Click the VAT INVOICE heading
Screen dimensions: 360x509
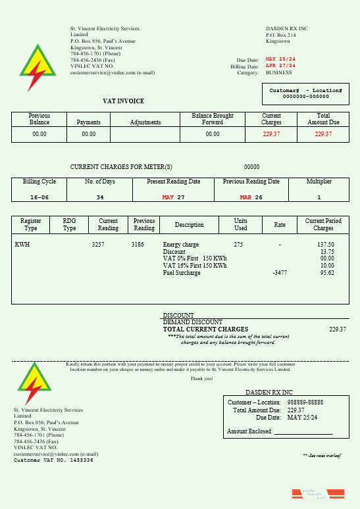coord(123,101)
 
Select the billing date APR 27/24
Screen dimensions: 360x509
coord(280,66)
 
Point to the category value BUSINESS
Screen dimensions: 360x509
coord(278,73)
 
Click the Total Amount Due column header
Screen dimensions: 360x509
coord(323,119)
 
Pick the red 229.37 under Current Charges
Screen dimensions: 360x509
coord(271,134)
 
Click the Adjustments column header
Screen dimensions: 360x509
coord(145,122)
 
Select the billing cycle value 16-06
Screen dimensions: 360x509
coord(39,197)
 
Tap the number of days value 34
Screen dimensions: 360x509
coord(99,197)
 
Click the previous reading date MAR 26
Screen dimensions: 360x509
coord(251,197)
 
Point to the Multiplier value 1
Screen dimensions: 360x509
coord(319,197)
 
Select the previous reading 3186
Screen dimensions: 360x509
coord(138,245)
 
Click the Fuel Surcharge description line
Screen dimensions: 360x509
coord(182,273)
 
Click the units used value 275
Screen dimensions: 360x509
coord(238,245)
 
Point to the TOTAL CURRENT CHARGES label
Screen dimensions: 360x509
coord(205,329)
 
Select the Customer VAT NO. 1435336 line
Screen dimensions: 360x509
coord(53,460)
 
